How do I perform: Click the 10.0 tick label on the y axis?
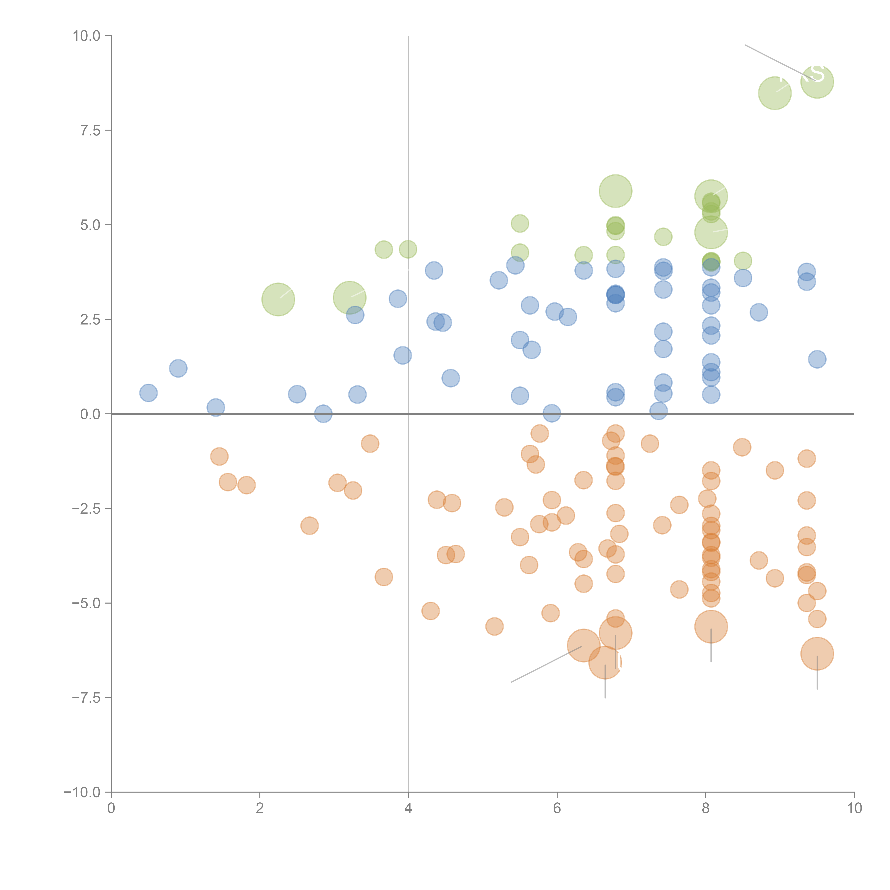(87, 36)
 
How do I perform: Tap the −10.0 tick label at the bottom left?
(82, 792)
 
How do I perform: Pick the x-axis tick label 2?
(260, 808)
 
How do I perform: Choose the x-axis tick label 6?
(557, 808)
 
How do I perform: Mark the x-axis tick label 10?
(854, 808)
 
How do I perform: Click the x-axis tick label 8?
(706, 808)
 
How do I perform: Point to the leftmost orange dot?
(219, 457)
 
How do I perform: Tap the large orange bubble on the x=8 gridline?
(711, 627)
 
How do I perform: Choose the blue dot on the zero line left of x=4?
(323, 414)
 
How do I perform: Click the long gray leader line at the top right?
(774, 60)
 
